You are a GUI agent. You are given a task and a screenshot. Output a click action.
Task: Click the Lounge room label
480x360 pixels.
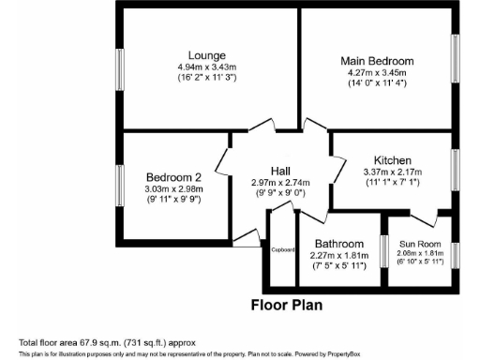205,54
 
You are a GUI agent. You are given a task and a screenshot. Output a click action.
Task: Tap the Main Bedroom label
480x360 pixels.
377,61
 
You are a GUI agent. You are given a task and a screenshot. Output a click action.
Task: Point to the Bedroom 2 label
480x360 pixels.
174,177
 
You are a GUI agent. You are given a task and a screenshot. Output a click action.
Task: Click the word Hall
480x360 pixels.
280,170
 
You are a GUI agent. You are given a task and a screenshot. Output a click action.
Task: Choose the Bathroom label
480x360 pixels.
340,243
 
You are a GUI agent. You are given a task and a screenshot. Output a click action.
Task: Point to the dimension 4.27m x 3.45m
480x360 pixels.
377,73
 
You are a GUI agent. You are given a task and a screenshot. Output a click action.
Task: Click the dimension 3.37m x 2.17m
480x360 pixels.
394,172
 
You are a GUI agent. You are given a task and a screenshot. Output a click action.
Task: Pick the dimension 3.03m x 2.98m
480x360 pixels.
174,189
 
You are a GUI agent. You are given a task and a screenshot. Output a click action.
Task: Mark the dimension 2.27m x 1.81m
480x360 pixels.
340,254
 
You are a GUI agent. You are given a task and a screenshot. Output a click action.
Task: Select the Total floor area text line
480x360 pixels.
107,342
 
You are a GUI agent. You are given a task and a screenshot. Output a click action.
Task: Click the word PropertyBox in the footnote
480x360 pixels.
346,353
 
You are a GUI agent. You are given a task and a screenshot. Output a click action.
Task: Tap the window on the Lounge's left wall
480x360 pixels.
119,68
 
